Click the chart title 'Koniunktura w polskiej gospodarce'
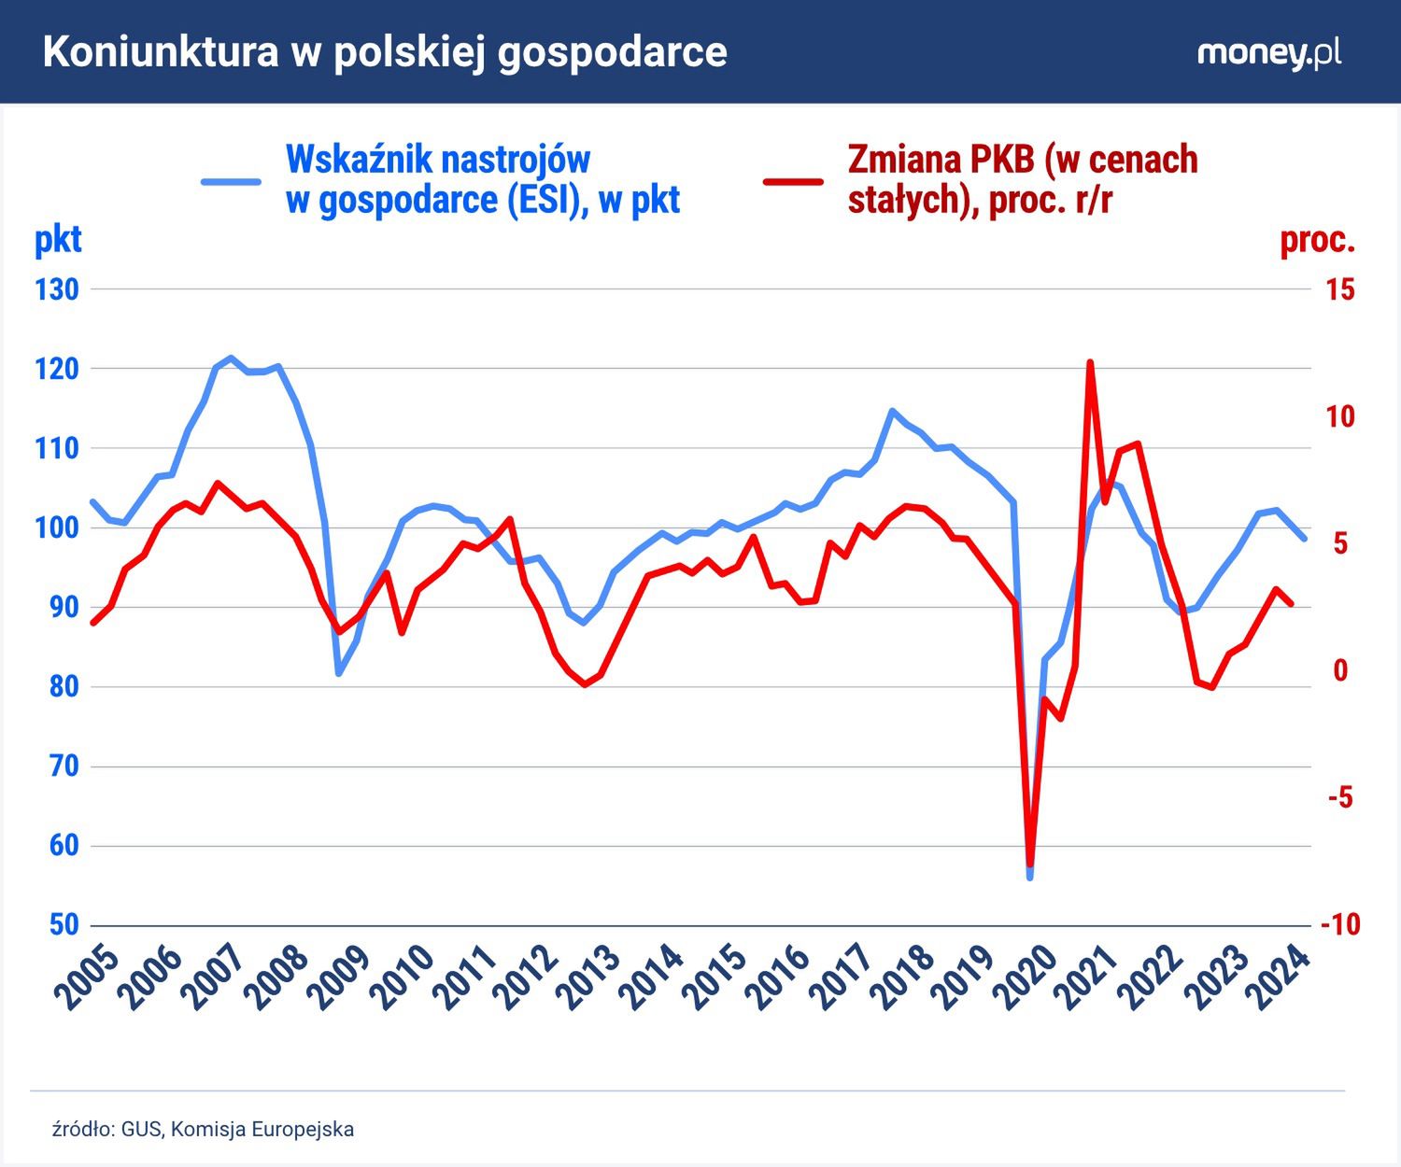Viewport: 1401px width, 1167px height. (x=384, y=52)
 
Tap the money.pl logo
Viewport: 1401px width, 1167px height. (x=1268, y=53)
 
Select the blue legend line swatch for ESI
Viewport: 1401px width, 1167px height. (x=232, y=180)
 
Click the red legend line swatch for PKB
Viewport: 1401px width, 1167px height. (x=793, y=180)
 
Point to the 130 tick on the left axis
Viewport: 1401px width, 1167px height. (x=57, y=289)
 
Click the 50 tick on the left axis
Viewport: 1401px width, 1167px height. (x=57, y=925)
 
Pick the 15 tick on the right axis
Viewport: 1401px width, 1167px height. (x=1339, y=289)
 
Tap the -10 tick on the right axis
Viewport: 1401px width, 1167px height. (x=1339, y=925)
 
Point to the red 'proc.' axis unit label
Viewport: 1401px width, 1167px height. (x=1317, y=240)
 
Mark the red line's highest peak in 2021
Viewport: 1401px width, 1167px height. (x=1089, y=362)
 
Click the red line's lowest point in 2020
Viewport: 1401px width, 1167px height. (x=1030, y=865)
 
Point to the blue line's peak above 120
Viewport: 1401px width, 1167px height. (x=231, y=358)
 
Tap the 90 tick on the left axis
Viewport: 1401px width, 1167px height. (x=57, y=608)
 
